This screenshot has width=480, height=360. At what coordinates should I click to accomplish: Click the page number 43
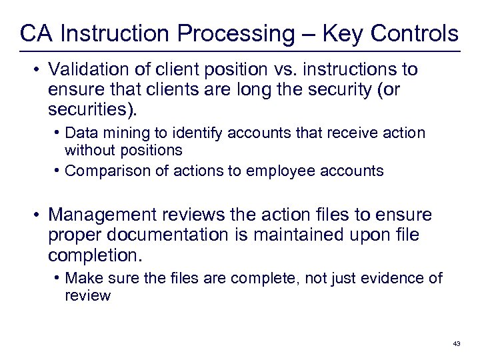coord(456,343)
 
